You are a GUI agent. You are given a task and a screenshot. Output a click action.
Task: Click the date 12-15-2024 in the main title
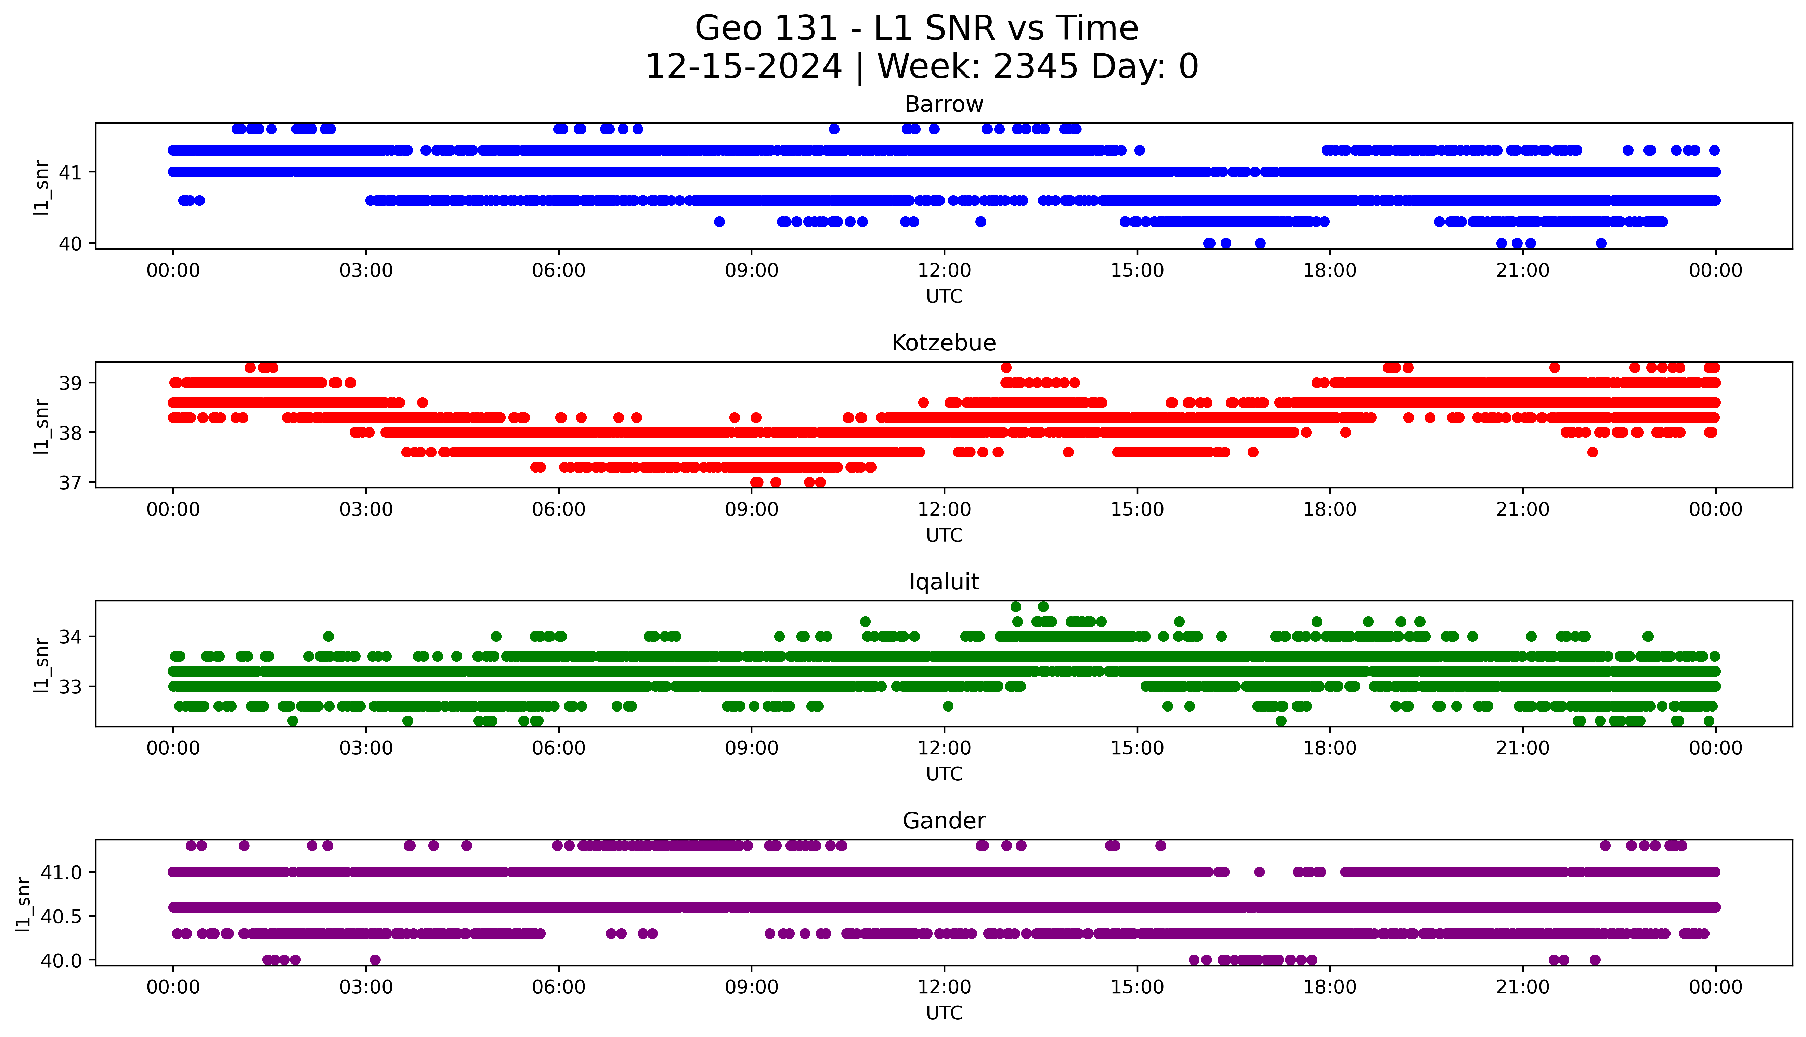743,67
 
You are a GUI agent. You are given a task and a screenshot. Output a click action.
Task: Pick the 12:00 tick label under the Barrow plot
944,271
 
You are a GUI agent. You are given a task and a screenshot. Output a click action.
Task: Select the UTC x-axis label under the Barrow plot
944,296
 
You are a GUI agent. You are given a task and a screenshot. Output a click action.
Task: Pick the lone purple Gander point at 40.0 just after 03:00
375,960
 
